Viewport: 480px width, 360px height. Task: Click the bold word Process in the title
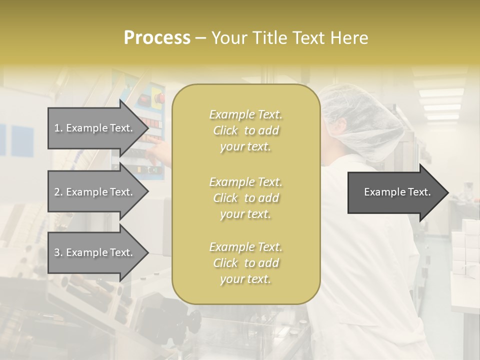157,38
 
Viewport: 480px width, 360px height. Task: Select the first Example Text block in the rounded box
245,130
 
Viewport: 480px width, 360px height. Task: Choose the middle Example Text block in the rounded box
245,198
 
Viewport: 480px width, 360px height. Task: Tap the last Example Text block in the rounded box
245,263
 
